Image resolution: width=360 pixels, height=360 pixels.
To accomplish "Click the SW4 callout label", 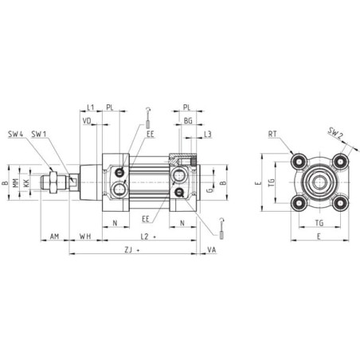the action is [x=15, y=134].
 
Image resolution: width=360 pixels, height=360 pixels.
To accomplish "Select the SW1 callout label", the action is [x=39, y=134].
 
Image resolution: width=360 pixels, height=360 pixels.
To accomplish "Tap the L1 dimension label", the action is [x=91, y=108].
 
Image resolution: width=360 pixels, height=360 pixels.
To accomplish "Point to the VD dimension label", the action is [x=87, y=121].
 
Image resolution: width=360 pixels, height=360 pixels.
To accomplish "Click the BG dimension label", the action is [x=188, y=121].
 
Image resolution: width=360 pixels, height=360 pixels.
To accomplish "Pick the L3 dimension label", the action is [x=208, y=135].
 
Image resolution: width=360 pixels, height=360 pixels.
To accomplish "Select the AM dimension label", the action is [x=54, y=236].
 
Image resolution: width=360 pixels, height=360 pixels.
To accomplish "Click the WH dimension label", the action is [x=85, y=236].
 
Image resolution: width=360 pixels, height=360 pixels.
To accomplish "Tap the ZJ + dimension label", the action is [x=132, y=250].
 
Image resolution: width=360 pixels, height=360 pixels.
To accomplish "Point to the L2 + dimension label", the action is [x=148, y=237].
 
